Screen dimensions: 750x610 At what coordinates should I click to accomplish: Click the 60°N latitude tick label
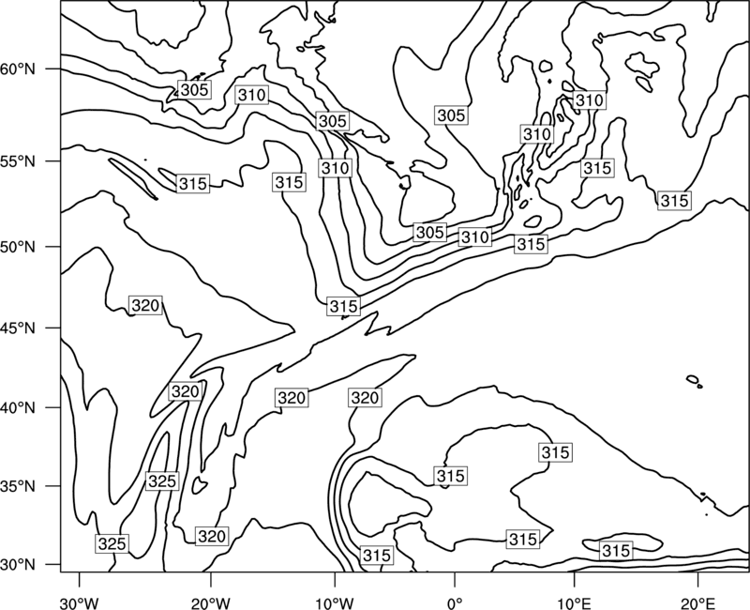(x=18, y=69)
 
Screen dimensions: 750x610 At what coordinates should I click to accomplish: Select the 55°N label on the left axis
(x=18, y=161)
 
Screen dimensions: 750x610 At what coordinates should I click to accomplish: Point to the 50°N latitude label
(x=18, y=247)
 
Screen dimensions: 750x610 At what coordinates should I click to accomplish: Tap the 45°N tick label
(x=18, y=328)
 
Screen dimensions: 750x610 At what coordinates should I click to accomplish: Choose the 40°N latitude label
(x=18, y=408)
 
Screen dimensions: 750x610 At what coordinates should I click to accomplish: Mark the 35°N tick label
(x=18, y=486)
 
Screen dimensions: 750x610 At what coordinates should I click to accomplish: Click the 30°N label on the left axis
(x=18, y=565)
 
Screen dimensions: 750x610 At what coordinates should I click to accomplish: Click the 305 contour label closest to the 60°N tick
(x=195, y=89)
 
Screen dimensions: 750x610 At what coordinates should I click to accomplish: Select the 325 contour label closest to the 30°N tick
(x=112, y=544)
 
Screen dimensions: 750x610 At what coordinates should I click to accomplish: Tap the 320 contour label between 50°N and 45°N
(x=145, y=306)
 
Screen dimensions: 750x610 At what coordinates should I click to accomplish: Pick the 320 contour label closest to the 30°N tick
(x=212, y=536)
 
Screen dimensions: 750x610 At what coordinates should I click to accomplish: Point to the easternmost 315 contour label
(x=674, y=201)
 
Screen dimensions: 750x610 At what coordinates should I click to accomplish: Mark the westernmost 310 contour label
(x=251, y=96)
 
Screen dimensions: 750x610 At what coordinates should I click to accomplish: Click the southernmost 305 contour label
(x=430, y=232)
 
